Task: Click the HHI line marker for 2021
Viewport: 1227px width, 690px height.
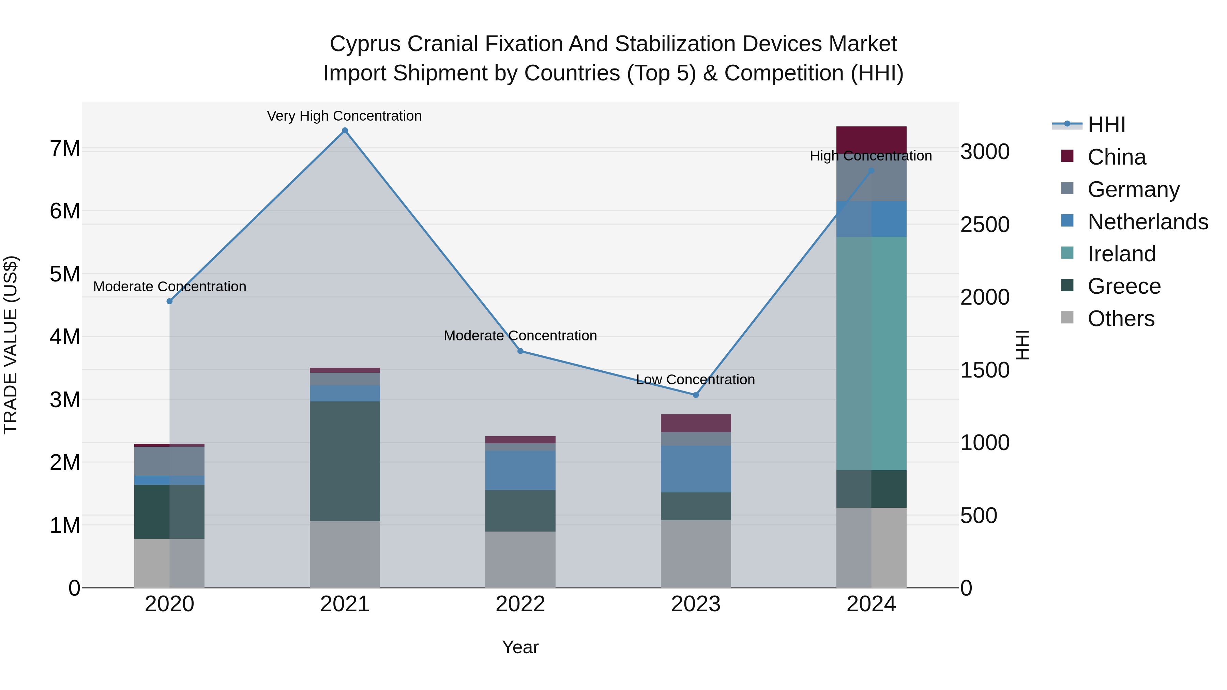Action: pos(345,131)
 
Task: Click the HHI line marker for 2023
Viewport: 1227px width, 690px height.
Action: pos(695,395)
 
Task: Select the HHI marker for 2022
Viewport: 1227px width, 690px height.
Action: pos(520,351)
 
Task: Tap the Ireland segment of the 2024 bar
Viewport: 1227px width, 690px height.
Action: pos(871,353)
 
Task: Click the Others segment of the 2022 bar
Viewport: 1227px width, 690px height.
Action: pos(520,559)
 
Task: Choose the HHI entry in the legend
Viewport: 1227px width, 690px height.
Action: pos(1106,125)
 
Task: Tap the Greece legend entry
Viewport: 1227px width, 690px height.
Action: pos(1124,286)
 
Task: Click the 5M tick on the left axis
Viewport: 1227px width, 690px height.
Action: pos(65,274)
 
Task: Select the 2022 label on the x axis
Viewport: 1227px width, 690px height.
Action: pos(520,604)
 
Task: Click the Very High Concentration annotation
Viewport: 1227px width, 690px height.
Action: pos(344,116)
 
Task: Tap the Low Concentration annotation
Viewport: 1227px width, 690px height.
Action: pos(695,380)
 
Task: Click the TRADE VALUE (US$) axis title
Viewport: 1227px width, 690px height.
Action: pos(11,345)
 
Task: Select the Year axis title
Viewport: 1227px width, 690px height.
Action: pos(520,647)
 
